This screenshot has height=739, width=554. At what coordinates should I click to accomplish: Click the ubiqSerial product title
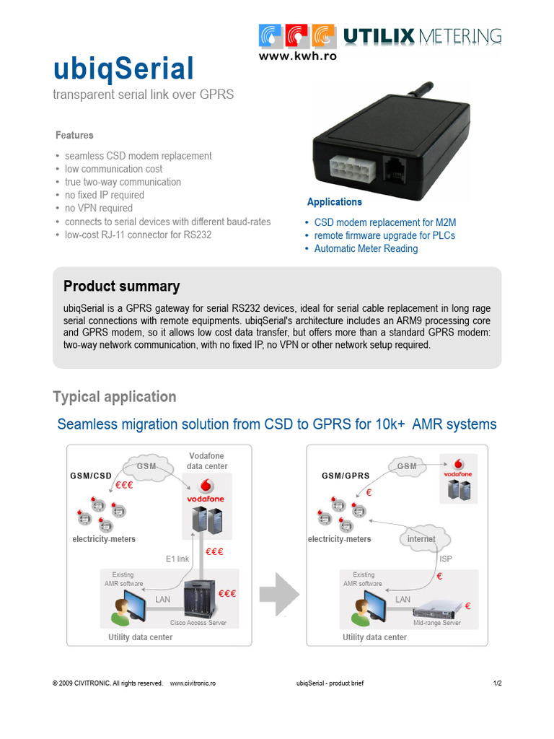pyautogui.click(x=123, y=70)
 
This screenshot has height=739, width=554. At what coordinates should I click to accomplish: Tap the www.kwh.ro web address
pyautogui.click(x=297, y=55)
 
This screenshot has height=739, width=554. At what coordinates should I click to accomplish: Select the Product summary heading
pyautogui.click(x=121, y=287)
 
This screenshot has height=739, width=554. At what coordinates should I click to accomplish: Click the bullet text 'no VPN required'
pyautogui.click(x=98, y=208)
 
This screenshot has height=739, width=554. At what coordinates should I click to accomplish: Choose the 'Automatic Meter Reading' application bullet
pyautogui.click(x=366, y=248)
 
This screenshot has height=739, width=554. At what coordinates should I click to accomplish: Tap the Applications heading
pyautogui.click(x=335, y=202)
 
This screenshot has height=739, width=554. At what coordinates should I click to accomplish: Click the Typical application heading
pyautogui.click(x=114, y=397)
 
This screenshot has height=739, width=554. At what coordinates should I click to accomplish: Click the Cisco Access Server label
pyautogui.click(x=198, y=623)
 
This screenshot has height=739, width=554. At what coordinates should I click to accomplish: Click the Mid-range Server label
pyautogui.click(x=436, y=623)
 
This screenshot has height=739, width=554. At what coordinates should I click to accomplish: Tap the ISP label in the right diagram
pyautogui.click(x=446, y=559)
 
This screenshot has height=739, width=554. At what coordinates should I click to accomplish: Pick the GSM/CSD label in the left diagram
pyautogui.click(x=91, y=476)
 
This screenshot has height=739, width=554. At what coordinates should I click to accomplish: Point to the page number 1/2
pyautogui.click(x=497, y=683)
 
